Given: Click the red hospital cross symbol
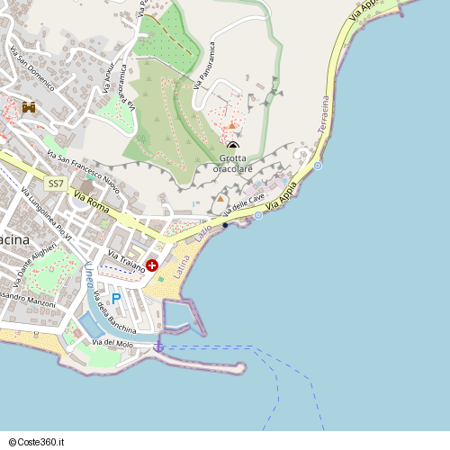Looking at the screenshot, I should (152, 265).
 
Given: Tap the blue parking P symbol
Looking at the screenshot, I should (116, 298).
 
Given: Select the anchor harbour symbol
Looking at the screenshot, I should (159, 346).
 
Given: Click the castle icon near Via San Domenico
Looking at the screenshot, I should (29, 107).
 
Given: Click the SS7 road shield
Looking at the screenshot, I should (56, 184).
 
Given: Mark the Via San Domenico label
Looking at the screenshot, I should (31, 66).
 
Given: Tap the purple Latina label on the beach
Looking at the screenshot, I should (183, 266).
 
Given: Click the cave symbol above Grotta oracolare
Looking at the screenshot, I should (233, 147).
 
